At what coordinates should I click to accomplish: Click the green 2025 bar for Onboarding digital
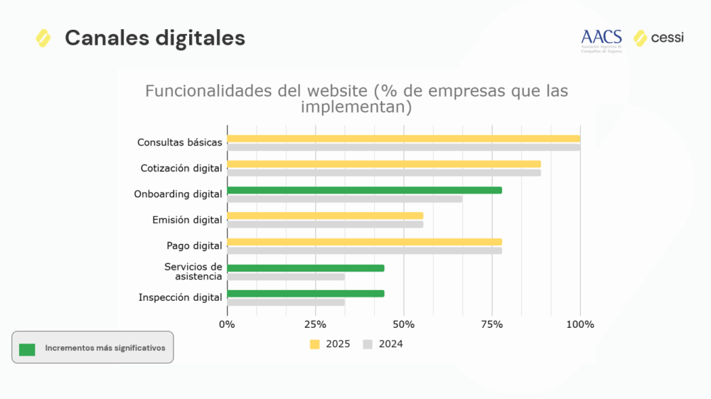pos(364,191)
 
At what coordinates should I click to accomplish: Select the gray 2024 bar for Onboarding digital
pos(345,199)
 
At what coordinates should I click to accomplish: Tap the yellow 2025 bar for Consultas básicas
pos(403,139)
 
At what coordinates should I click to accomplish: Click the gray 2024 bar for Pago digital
pos(364,250)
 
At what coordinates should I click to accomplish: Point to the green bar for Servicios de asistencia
pos(306,268)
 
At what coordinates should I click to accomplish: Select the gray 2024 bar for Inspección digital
pos(286,302)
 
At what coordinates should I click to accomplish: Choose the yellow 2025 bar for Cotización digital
pos(384,164)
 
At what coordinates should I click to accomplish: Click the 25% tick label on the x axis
pos(315,324)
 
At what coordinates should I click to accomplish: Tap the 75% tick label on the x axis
pos(492,324)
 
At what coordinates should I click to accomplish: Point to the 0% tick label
pos(227,324)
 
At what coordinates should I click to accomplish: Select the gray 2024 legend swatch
pos(368,344)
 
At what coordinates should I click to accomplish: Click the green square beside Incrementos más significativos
pos(27,349)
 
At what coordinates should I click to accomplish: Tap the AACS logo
pos(601,40)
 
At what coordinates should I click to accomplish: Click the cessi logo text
pos(667,38)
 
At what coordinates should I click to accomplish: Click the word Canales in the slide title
pos(102,38)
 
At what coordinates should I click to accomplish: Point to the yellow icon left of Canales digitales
pos(43,38)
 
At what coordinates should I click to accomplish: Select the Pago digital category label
pos(194,246)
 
